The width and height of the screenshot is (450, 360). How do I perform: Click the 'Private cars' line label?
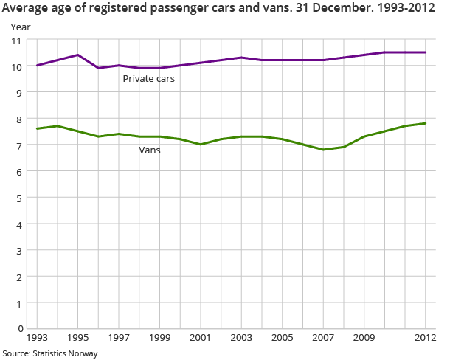(148, 78)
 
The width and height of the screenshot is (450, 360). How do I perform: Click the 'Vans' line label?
(150, 150)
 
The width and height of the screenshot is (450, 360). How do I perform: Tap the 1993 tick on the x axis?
(36, 338)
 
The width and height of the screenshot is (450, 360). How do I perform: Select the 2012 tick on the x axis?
(425, 338)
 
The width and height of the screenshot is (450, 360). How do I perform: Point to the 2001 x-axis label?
(201, 338)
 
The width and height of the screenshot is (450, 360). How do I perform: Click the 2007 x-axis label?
(323, 338)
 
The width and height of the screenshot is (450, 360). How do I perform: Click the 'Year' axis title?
(20, 27)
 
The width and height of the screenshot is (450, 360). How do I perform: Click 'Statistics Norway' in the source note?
(66, 353)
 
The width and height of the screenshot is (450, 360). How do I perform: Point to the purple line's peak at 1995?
(77, 55)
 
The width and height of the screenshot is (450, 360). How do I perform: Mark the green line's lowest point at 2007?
(323, 150)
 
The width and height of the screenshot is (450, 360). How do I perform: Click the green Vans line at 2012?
(425, 123)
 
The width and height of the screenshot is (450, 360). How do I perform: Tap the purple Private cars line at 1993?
(37, 66)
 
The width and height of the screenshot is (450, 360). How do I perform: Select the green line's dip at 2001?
(201, 145)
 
